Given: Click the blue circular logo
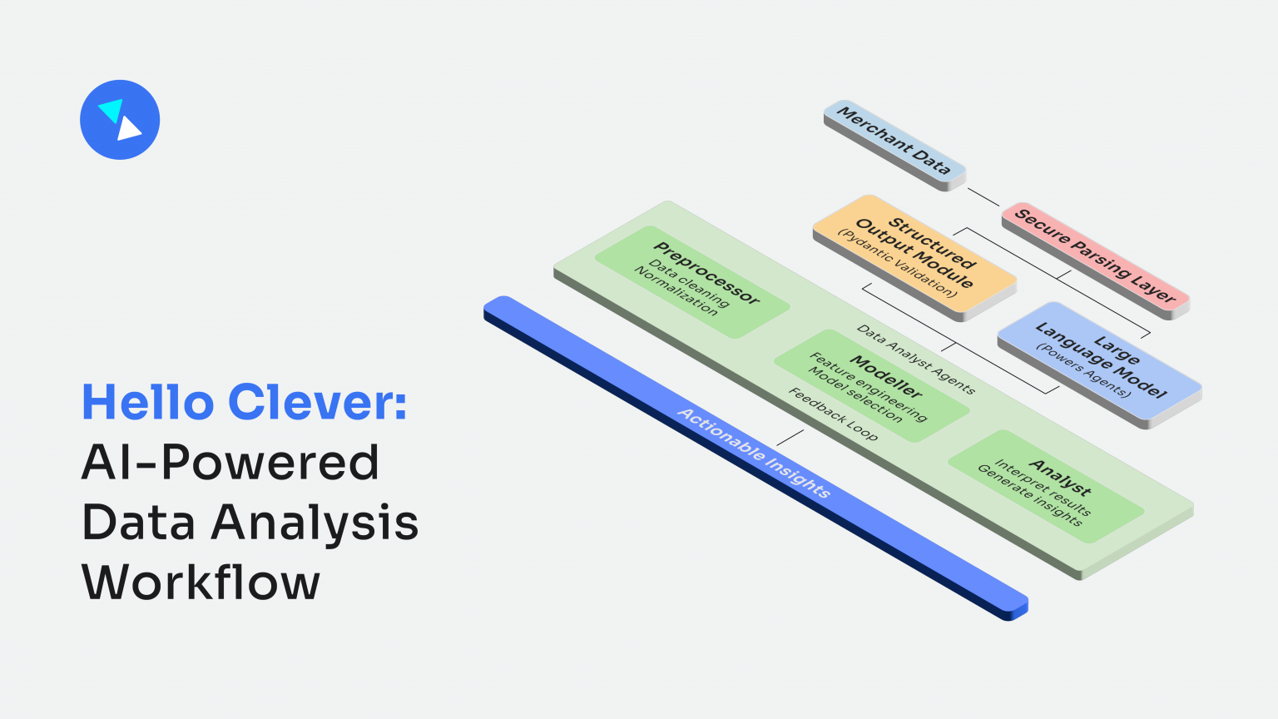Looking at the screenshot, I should tap(120, 120).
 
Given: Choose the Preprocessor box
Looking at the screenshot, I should tap(691, 281).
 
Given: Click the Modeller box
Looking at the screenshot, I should tap(870, 385).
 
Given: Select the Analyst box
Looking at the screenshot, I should tap(1046, 486).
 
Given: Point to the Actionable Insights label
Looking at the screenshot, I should tap(754, 453).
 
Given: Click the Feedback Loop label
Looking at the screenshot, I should tap(833, 414).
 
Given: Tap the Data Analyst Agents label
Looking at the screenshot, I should tap(915, 359).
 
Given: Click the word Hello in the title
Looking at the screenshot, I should tap(148, 403).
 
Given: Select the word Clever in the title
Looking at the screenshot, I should tap(318, 403).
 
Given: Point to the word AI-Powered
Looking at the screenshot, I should tap(230, 463).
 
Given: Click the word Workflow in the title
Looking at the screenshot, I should tap(201, 583).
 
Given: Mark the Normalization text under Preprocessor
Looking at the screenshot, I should tap(675, 290).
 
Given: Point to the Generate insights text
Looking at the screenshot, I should tap(1029, 495).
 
